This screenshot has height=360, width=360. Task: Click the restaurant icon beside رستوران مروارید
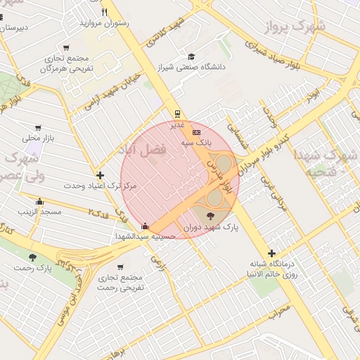105,12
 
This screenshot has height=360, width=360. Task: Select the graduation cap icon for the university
191,57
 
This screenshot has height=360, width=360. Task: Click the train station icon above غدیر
177,113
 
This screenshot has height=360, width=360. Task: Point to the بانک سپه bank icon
196,131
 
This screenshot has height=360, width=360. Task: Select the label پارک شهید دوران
212,228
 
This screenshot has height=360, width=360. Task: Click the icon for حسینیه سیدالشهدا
145,226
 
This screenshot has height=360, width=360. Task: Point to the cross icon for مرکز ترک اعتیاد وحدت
100,175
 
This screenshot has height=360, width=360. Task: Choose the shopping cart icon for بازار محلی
37,128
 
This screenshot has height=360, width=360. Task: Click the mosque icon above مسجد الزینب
39,202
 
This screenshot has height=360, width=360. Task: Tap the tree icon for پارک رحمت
32,257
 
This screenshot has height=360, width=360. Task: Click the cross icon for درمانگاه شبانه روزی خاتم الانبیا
271,253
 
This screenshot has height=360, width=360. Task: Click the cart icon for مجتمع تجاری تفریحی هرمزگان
66,47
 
